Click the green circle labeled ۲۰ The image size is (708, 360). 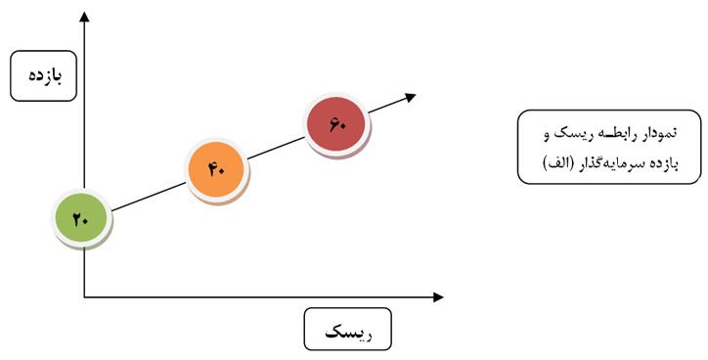[81, 218]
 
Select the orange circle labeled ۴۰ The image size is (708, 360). [217, 169]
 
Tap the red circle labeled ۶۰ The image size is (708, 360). [336, 124]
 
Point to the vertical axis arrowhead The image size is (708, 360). [84, 17]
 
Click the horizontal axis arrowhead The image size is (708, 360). [438, 297]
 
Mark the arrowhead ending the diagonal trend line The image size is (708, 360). [411, 97]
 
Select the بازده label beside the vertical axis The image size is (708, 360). [45, 75]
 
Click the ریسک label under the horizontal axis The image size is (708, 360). [348, 333]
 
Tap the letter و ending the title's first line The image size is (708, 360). [546, 136]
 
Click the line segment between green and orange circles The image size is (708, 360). [149, 197]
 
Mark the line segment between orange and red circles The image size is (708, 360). [277, 148]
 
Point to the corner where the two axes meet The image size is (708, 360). [84, 297]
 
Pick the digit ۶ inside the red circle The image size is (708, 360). [333, 124]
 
